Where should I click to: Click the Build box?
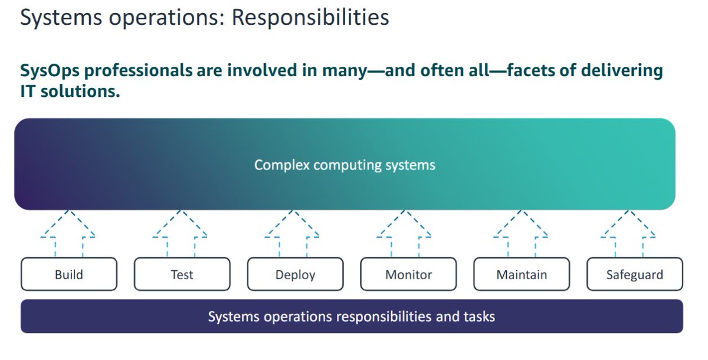(68, 274)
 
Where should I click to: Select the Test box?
(182, 274)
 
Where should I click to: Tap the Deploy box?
(295, 274)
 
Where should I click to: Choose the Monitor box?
(408, 274)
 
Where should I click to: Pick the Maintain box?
(522, 274)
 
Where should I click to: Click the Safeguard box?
(635, 274)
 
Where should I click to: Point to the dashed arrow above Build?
(68, 231)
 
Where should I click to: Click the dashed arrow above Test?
(180, 231)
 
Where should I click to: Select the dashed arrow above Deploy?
(292, 231)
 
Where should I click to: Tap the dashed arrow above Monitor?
(404, 231)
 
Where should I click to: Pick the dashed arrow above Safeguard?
(629, 231)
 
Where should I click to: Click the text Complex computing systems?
(345, 165)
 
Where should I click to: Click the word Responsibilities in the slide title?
(310, 18)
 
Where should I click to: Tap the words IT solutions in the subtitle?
(70, 91)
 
